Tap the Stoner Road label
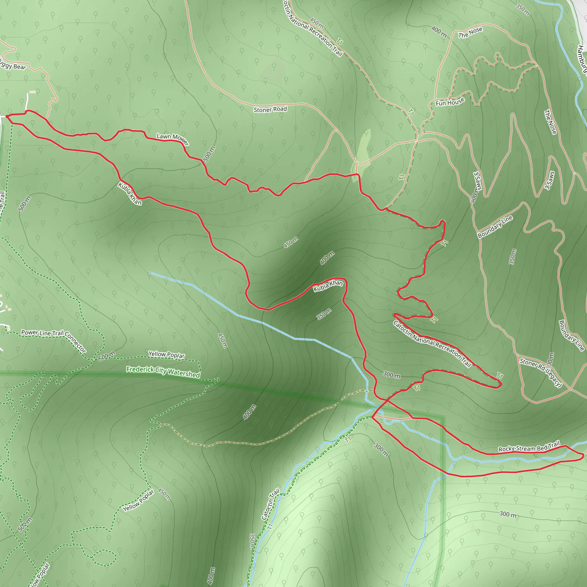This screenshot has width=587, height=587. [x=270, y=109]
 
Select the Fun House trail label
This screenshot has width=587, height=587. [x=450, y=102]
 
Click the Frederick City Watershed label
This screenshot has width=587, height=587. [x=163, y=372]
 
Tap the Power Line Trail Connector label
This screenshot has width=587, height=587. [x=54, y=339]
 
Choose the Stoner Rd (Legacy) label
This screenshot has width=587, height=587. [x=541, y=373]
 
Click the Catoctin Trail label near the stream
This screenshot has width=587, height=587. [x=270, y=504]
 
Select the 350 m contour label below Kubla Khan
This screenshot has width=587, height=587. [x=324, y=314]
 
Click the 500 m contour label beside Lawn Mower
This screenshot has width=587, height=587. [x=209, y=154]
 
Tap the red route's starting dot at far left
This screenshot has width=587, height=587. [x=7, y=116]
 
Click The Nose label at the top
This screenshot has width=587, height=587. [x=470, y=32]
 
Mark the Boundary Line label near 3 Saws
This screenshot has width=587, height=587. [x=495, y=227]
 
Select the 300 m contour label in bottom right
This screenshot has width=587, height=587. [x=508, y=514]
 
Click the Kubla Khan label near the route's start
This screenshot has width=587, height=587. [x=130, y=193]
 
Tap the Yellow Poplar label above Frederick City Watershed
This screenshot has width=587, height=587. [x=166, y=355]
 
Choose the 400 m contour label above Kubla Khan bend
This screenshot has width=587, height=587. [x=327, y=258]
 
